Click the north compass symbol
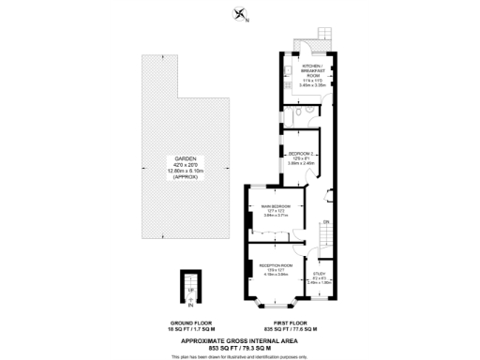tap(241, 14)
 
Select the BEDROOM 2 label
tap(301, 153)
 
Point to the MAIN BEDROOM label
tap(276, 205)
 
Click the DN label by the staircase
tap(325, 221)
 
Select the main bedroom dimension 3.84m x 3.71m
tap(276, 216)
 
